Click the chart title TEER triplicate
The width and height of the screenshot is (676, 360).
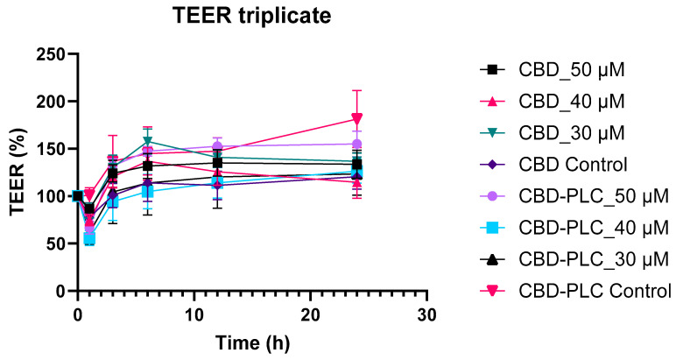click(x=253, y=15)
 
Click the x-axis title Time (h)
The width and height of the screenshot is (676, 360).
click(x=252, y=341)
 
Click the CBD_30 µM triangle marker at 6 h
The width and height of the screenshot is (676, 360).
click(x=148, y=141)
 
